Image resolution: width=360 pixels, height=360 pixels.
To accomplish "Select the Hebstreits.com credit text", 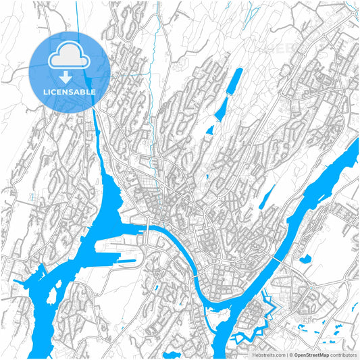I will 266,354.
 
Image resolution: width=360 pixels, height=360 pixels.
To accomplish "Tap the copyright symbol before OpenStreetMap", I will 290,354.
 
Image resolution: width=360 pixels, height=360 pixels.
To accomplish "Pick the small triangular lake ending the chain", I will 209,130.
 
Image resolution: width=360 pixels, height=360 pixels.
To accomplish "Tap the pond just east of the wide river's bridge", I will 303,257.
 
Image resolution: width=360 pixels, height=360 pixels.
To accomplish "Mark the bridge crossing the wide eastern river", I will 280,261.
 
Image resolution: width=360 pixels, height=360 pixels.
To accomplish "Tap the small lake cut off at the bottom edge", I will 172,355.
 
